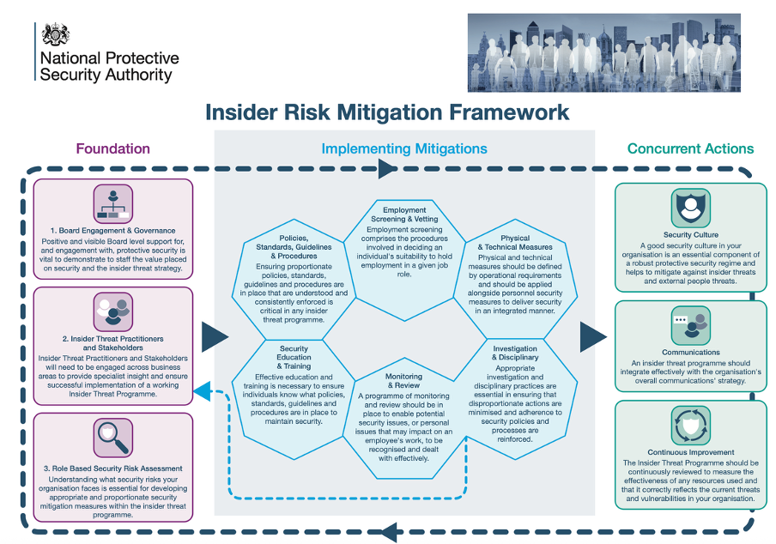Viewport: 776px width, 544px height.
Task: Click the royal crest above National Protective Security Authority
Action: (56, 34)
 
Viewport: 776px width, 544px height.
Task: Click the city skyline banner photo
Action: (603, 53)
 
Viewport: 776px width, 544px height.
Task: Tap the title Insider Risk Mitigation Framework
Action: (387, 112)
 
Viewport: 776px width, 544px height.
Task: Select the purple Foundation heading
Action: (112, 148)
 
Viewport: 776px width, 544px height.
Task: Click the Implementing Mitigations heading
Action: (404, 148)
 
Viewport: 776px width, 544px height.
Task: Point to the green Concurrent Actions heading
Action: (690, 148)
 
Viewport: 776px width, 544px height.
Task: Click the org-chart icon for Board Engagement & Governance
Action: (113, 203)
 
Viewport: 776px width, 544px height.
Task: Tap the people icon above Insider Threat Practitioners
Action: (113, 312)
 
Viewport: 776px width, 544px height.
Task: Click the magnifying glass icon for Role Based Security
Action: (113, 438)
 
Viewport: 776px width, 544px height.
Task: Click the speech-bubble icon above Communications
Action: (691, 325)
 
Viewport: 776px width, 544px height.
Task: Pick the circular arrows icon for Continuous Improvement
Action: (691, 426)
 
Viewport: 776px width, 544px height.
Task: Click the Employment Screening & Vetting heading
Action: (404, 215)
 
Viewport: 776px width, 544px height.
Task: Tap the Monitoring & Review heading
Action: (403, 381)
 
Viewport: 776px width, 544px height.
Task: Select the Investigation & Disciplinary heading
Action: (515, 354)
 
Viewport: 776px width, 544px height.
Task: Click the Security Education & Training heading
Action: (294, 358)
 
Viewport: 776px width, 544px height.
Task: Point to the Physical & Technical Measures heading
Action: (515, 243)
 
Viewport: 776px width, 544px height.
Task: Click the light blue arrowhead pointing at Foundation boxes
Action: (202, 391)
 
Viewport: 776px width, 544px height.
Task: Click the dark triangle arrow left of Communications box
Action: (593, 337)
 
